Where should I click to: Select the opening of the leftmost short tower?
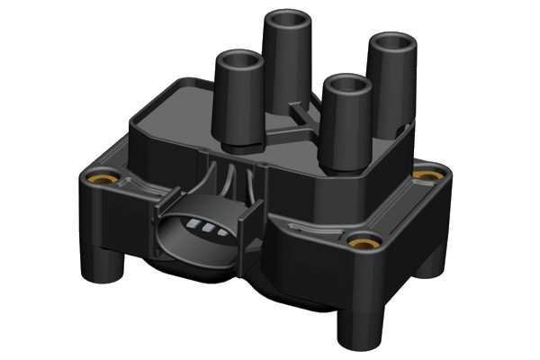(238, 62)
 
